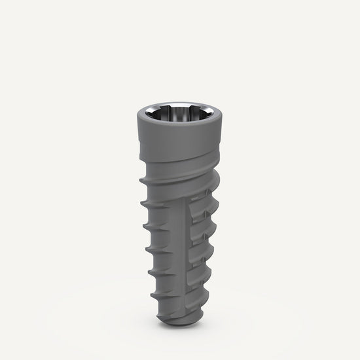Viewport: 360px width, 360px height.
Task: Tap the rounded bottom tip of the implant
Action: point(179,320)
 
